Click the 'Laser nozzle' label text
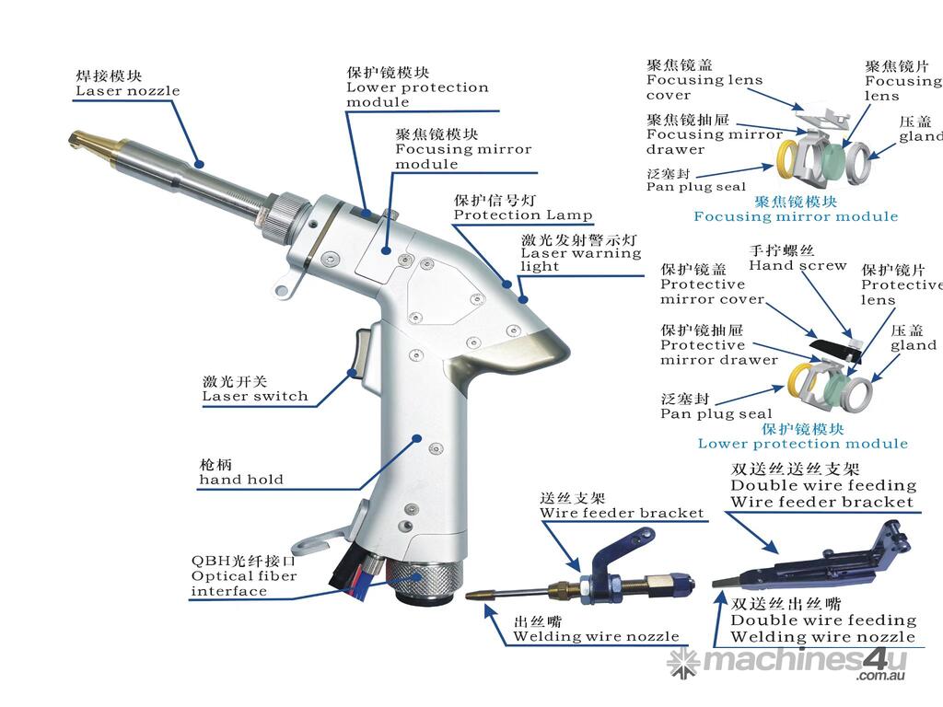coord(127,91)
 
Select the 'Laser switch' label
coord(254,397)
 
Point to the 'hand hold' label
coord(241,479)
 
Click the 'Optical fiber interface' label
coord(244,576)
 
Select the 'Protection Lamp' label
coord(522,215)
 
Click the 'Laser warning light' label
coord(580,259)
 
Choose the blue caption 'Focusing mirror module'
coord(795,216)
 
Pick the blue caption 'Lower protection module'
coord(802,444)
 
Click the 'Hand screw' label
coord(797,265)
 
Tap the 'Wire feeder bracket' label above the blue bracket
coord(622,513)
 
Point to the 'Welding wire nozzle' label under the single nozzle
coord(596,636)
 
